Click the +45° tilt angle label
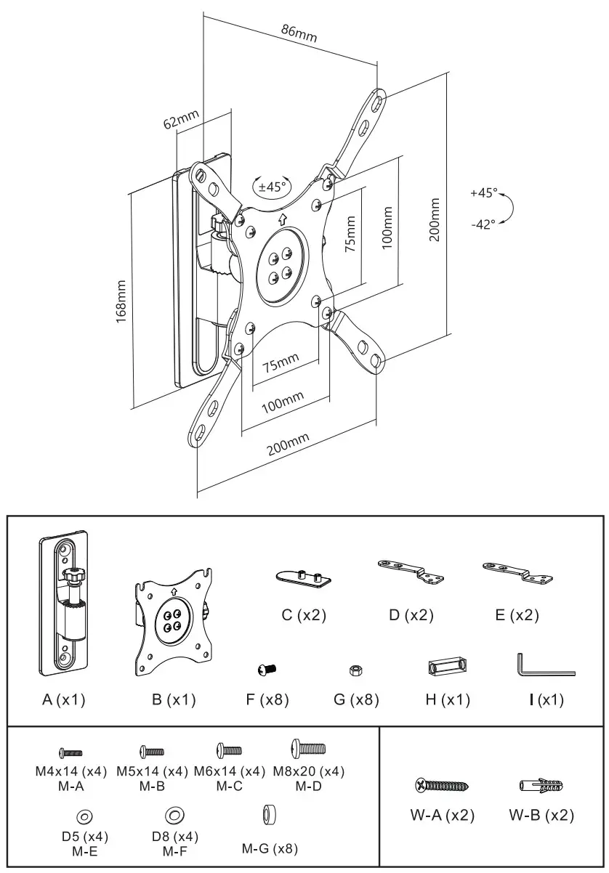(x=483, y=193)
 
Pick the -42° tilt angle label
(x=483, y=224)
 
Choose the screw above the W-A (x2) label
(x=442, y=785)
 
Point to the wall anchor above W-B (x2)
(x=542, y=785)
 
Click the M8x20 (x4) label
(x=309, y=771)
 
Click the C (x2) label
(x=304, y=615)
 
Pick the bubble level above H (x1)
(x=447, y=667)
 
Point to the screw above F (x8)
(x=267, y=668)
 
